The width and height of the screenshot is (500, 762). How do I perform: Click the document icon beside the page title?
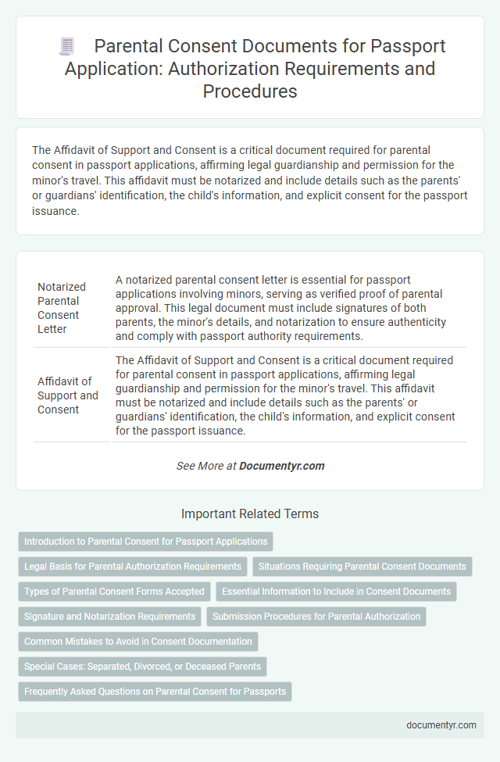[67, 47]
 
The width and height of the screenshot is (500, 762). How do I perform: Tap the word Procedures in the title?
[250, 91]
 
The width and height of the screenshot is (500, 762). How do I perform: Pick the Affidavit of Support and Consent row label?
[68, 395]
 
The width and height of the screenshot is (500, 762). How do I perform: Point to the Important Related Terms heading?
[249, 514]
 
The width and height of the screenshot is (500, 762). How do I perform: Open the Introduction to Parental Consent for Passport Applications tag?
[145, 541]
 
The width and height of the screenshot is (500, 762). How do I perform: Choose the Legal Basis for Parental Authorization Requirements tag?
[133, 566]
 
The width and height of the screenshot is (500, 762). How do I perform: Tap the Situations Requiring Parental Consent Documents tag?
[362, 566]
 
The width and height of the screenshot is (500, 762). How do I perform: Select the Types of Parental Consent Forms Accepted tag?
[114, 591]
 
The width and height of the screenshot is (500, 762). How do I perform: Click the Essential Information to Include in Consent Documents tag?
[336, 591]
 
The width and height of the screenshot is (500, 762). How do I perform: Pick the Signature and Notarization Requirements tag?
[110, 616]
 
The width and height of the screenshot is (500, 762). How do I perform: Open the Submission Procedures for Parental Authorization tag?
[316, 616]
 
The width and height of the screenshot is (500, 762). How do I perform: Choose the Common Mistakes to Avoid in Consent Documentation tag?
[138, 641]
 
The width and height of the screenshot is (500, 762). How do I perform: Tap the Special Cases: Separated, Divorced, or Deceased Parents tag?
[143, 666]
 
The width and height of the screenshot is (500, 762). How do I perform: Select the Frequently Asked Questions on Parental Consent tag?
[155, 691]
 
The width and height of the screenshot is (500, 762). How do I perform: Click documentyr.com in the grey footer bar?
[441, 724]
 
